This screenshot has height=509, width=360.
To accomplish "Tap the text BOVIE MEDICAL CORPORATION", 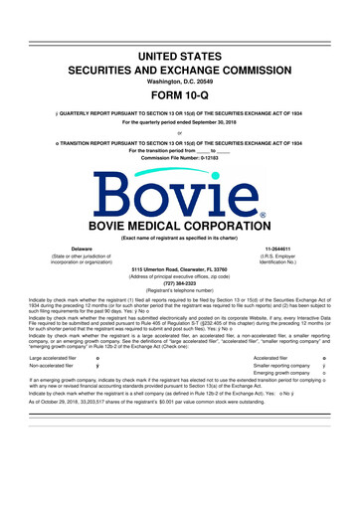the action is (x=179, y=225).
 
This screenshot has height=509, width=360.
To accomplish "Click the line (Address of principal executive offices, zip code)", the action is (x=179, y=286).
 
